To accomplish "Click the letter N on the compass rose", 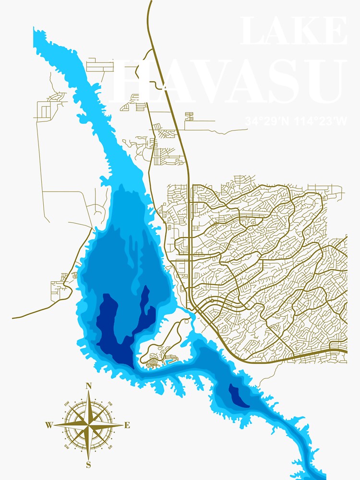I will [88, 386].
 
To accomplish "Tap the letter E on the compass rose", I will [127, 425].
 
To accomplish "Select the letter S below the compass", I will [88, 464].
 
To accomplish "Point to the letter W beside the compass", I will [49, 425].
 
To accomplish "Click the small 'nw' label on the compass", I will [67, 403].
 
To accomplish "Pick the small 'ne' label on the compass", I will [110, 403].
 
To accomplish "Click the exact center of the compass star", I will [88, 425].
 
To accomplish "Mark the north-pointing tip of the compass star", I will [88, 392].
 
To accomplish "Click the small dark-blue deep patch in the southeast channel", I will [238, 396].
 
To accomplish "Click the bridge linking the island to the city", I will [191, 315].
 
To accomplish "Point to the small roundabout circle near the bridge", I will [211, 300].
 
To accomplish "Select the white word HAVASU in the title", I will [228, 82].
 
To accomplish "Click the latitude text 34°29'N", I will [267, 121].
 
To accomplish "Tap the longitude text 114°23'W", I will [321, 121].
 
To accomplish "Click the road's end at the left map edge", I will [13, 317].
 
